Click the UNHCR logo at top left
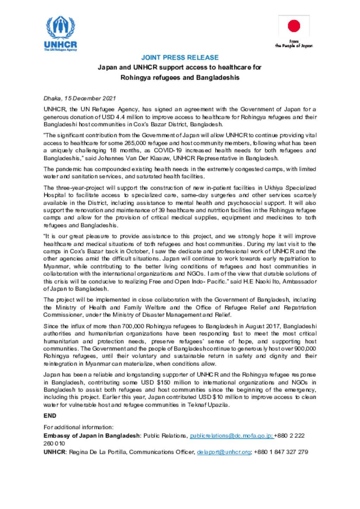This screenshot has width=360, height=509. click(60, 34)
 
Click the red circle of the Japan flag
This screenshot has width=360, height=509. click(294, 26)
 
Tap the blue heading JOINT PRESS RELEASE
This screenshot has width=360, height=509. click(180, 58)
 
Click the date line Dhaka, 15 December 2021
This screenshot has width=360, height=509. click(79, 98)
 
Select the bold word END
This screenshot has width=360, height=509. click(50, 416)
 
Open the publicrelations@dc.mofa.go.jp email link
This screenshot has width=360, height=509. click(231, 436)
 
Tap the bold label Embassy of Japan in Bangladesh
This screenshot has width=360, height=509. click(91, 436)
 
